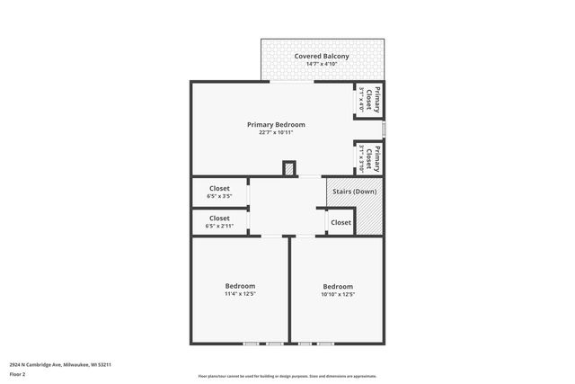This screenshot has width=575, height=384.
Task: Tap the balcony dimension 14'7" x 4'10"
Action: [321, 65]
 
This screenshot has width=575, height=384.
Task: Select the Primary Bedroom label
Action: [276, 124]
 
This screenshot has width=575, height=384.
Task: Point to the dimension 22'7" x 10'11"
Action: [276, 132]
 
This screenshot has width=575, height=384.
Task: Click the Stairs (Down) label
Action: [354, 192]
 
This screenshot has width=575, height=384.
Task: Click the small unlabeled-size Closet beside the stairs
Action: [341, 222]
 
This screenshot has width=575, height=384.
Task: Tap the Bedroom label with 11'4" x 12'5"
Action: [240, 286]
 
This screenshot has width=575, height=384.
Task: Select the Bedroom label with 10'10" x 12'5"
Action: [338, 286]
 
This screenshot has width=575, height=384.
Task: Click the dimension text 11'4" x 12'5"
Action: [240, 294]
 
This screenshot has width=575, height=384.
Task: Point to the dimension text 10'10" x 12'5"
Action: [338, 294]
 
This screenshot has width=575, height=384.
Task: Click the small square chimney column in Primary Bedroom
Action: [288, 168]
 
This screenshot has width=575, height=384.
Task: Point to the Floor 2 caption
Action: [17, 373]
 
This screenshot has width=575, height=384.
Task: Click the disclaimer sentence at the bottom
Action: [287, 377]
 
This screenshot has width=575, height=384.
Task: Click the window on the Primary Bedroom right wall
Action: [384, 129]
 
